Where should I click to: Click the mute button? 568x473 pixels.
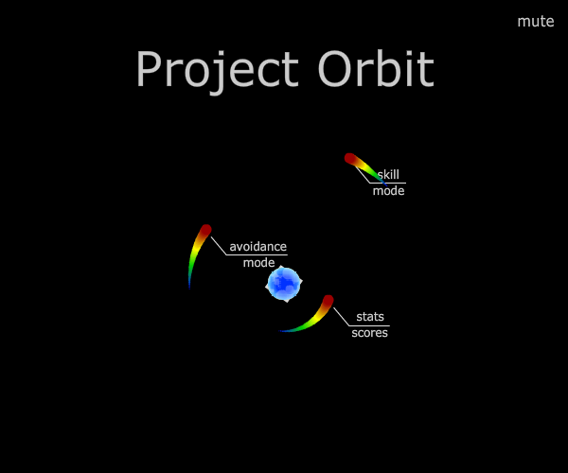pyautogui.click(x=536, y=22)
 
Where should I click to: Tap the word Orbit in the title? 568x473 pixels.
pyautogui.click(x=376, y=69)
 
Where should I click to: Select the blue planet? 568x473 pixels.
pyautogui.click(x=284, y=284)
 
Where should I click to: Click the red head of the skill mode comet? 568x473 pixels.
pyautogui.click(x=350, y=159)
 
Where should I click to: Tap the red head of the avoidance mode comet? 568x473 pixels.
pyautogui.click(x=205, y=230)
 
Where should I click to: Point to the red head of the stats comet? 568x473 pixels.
pyautogui.click(x=328, y=301)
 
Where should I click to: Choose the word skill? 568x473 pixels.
pyautogui.click(x=388, y=174)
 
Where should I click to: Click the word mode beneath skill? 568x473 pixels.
pyautogui.click(x=388, y=191)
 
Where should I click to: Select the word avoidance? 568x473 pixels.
pyautogui.click(x=257, y=247)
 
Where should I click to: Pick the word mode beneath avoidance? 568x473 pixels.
pyautogui.click(x=258, y=263)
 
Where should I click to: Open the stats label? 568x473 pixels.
pyautogui.click(x=370, y=317)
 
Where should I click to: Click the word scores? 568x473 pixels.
pyautogui.click(x=369, y=333)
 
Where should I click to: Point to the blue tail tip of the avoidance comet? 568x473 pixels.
pyautogui.click(x=189, y=289)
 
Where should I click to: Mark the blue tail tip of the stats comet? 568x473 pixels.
pyautogui.click(x=280, y=331)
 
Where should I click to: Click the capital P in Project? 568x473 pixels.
pyautogui.click(x=149, y=69)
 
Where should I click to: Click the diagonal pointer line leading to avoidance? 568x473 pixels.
pyautogui.click(x=219, y=246)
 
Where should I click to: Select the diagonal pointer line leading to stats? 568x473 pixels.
pyautogui.click(x=341, y=317)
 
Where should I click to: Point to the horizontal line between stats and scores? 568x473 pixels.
pyautogui.click(x=369, y=325)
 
